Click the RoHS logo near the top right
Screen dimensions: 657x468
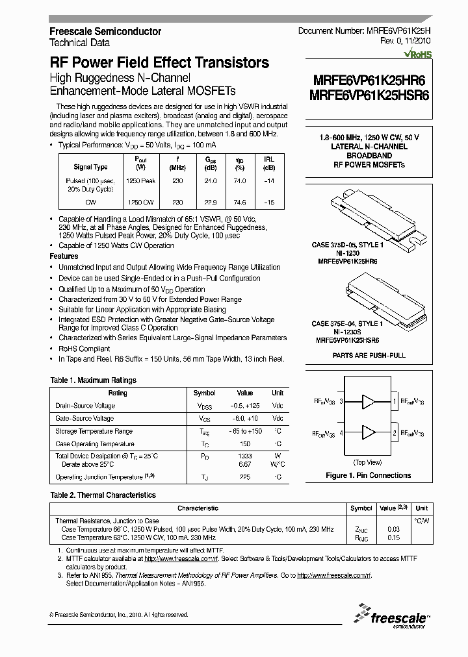(417, 55)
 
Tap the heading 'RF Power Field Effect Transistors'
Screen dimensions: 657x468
(159, 63)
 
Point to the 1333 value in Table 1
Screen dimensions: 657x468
(244, 456)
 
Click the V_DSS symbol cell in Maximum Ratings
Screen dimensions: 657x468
(205, 406)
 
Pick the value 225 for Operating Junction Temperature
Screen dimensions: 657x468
(244, 478)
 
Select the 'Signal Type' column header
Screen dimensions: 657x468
(90, 167)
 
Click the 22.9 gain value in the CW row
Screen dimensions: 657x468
(211, 203)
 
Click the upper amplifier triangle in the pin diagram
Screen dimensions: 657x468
(368, 403)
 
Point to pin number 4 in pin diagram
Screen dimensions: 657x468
(341, 432)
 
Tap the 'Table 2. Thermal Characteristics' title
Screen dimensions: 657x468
(103, 495)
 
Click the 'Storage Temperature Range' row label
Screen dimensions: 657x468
(94, 431)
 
